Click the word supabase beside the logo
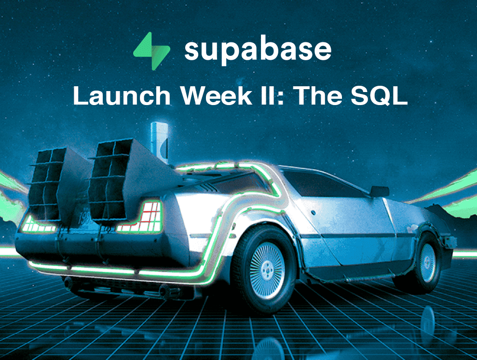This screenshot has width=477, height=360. (x=258, y=50)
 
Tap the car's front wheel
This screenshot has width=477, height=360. (x=426, y=263)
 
